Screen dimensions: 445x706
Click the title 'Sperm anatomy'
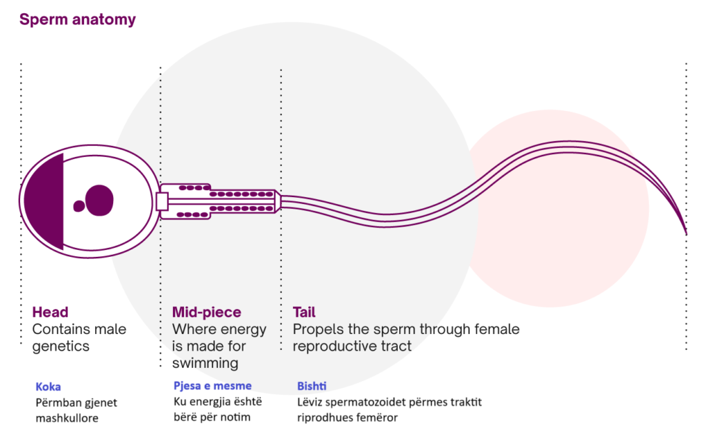pyautogui.click(x=77, y=19)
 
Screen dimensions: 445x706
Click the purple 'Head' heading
pyautogui.click(x=50, y=313)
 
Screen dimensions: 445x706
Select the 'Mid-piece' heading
pyautogui.click(x=207, y=313)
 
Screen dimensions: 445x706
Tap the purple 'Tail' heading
pyautogui.click(x=304, y=313)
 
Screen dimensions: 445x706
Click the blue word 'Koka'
pyautogui.click(x=48, y=386)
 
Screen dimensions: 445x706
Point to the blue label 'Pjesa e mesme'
pyautogui.click(x=212, y=386)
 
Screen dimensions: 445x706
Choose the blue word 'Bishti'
pyautogui.click(x=312, y=386)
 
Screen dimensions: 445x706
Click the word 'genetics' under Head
pyautogui.click(x=61, y=346)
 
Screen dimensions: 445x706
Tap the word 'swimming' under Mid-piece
pyautogui.click(x=205, y=363)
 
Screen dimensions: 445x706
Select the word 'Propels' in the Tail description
pyautogui.click(x=316, y=329)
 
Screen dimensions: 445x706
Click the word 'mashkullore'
pyautogui.click(x=67, y=417)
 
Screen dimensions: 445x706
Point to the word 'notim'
pyautogui.click(x=235, y=417)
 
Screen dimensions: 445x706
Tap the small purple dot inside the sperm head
pyautogui.click(x=79, y=205)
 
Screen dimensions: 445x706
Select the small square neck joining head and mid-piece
pyautogui.click(x=162, y=202)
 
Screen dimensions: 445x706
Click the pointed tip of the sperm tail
pyautogui.click(x=685, y=233)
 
